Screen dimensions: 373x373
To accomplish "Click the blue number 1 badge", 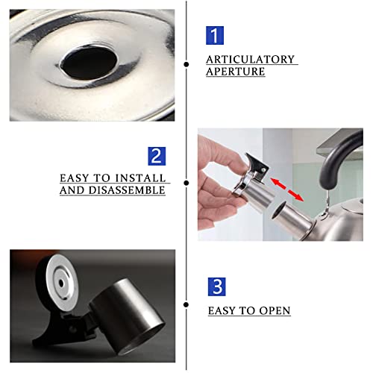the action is click(x=215, y=35).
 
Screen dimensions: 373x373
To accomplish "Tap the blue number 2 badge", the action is click(x=157, y=156).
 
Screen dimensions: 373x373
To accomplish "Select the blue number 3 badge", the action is click(x=216, y=286).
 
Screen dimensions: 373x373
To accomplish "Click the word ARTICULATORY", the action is click(x=250, y=60).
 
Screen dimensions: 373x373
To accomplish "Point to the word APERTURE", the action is click(x=236, y=72).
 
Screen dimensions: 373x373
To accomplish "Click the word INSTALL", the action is click(x=140, y=178).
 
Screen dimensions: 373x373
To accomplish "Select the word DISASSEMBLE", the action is click(x=127, y=190).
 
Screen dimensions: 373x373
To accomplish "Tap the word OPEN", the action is click(x=275, y=310).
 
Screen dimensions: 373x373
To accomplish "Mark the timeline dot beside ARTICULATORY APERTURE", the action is click(x=186, y=64).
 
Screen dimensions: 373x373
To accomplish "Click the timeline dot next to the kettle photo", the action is click(x=186, y=183).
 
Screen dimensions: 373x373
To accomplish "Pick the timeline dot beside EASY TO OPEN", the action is click(x=186, y=304).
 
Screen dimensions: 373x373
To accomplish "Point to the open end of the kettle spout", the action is click(x=278, y=211).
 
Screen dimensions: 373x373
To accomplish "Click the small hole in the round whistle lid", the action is click(x=61, y=283).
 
